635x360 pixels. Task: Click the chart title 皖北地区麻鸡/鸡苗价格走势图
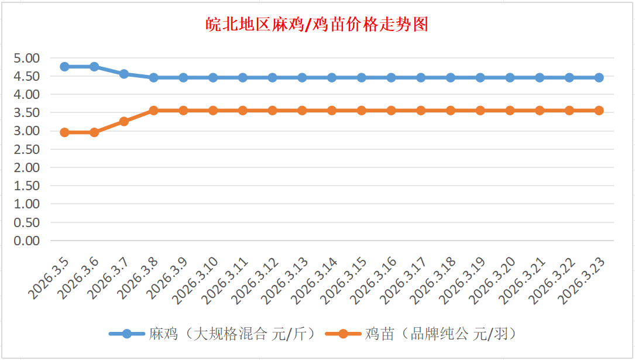(317, 25)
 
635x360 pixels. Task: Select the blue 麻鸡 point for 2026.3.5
(64, 67)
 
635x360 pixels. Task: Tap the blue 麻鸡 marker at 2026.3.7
(124, 74)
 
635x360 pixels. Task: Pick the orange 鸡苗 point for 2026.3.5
(64, 132)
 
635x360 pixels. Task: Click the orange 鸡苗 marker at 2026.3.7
(124, 121)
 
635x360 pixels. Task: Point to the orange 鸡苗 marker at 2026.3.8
(153, 110)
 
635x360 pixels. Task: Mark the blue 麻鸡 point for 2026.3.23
(599, 77)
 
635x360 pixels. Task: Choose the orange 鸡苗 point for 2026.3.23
(599, 110)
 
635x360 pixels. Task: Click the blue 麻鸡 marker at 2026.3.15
(361, 77)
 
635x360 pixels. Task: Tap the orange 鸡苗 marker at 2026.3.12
(272, 110)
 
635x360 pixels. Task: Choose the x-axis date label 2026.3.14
(314, 280)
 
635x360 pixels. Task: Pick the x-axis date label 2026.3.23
(581, 280)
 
